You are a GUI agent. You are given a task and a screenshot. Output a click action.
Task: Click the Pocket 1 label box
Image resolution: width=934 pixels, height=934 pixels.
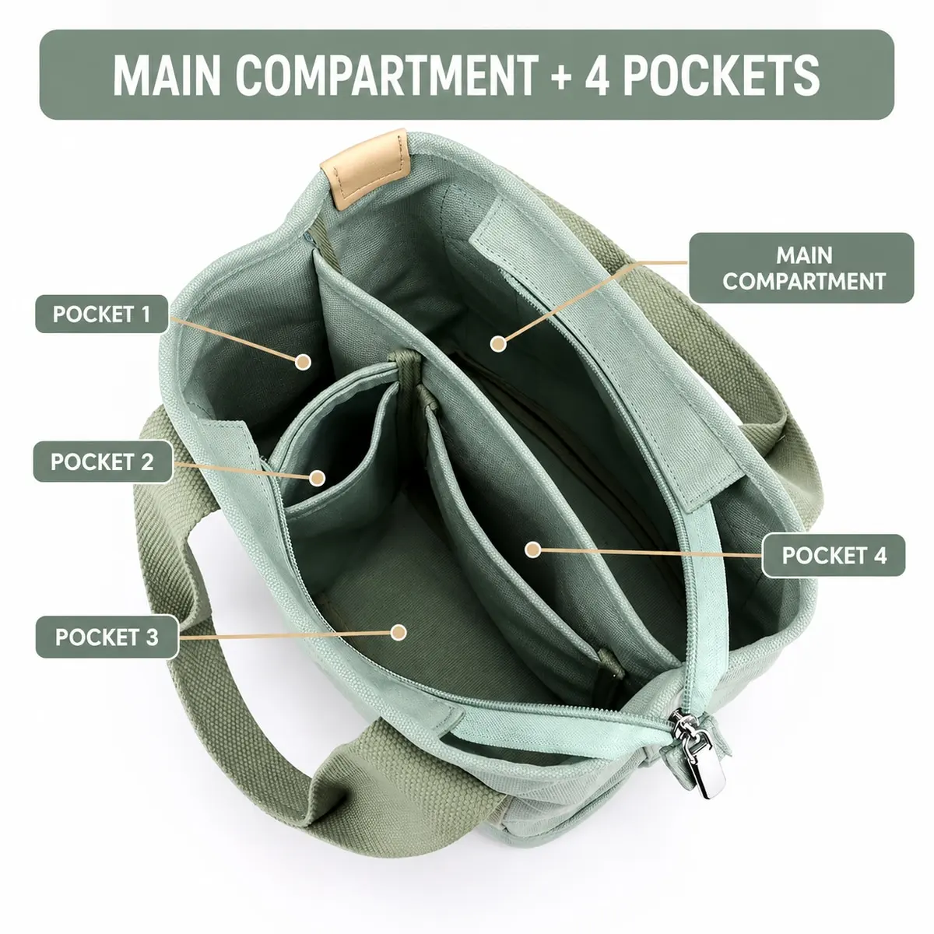[102, 314]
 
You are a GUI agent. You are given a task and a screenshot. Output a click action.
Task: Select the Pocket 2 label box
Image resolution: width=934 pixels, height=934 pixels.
[103, 462]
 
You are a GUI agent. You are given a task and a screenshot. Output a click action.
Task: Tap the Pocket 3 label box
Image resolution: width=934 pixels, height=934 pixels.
[107, 637]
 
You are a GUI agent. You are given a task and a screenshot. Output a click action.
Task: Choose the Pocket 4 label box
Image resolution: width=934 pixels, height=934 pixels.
[834, 556]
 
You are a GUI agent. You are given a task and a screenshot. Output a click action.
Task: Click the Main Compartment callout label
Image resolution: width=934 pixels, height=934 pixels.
[802, 268]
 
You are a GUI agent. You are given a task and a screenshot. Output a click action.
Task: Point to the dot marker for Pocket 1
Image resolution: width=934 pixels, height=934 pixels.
[303, 362]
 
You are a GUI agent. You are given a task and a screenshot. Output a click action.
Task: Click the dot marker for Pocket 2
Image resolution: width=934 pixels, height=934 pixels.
[318, 478]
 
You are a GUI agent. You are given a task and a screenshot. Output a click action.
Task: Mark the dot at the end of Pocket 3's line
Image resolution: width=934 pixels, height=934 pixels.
[399, 632]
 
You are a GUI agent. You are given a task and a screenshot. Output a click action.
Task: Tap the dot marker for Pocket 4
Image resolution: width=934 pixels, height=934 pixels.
[532, 550]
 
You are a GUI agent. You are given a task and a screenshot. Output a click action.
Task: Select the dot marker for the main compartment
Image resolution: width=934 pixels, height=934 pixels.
[498, 344]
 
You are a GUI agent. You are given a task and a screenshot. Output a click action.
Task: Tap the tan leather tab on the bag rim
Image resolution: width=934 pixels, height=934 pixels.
[367, 167]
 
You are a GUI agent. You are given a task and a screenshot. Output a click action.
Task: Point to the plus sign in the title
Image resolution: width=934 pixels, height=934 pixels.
[561, 76]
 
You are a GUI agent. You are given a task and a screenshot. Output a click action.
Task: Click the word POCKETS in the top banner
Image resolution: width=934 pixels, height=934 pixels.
[722, 75]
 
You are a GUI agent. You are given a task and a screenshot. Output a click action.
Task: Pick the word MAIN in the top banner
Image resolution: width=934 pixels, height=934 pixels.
[167, 75]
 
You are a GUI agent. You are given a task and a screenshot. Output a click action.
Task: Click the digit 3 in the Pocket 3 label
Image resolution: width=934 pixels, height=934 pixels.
[153, 637]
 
